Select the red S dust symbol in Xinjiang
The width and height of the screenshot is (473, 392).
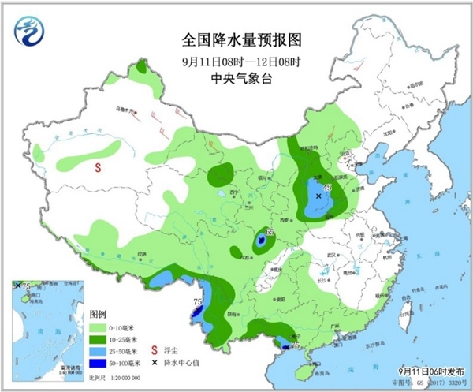[99, 167]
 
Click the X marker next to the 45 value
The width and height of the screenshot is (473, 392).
[318, 196]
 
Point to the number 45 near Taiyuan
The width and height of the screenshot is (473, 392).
[328, 188]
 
